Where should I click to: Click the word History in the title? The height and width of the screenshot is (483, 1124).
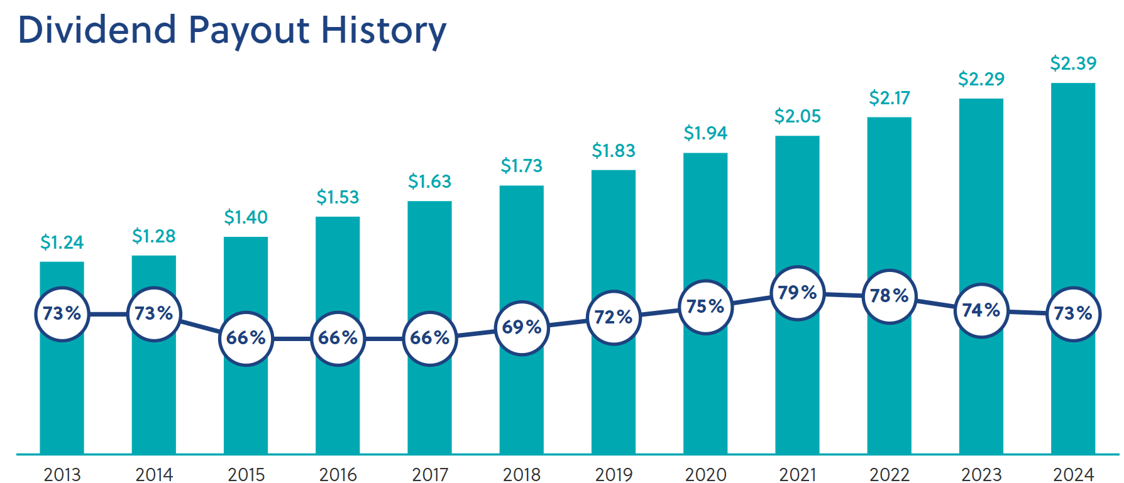coord(383,30)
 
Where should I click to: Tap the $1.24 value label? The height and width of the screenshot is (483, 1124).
coord(62,242)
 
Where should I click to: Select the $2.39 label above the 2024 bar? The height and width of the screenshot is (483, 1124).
coord(1073,63)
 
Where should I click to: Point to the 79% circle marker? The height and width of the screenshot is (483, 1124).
coord(797,293)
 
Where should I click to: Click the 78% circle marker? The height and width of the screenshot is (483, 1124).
coord(889,296)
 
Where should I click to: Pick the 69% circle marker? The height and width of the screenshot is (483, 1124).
coord(522,327)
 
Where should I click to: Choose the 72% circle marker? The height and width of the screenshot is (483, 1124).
coord(614,317)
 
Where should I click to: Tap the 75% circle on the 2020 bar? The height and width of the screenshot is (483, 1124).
coord(705,307)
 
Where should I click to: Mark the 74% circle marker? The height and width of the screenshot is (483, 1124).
coord(981,310)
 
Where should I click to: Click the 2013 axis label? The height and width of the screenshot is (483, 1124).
coord(62,474)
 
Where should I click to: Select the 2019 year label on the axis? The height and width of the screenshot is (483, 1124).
coord(614,474)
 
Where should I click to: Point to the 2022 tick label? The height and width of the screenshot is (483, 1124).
coord(889,474)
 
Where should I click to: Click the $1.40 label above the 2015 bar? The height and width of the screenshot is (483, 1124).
coord(246,217)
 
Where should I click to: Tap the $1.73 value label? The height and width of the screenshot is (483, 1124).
coord(521,166)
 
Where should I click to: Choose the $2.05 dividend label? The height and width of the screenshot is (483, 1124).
coord(797,116)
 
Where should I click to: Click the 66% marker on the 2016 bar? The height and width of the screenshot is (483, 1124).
coord(338,338)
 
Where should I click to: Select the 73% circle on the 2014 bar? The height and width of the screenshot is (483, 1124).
coord(154,313)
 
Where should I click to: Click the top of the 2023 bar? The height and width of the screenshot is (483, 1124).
coord(981,100)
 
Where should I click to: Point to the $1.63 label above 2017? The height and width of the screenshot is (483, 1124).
coord(429,182)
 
